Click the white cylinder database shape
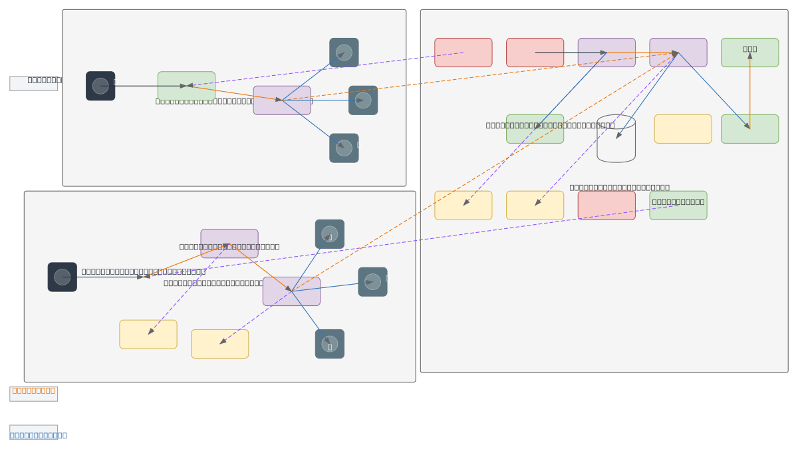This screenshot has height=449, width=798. point(616,139)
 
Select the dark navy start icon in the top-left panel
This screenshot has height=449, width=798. point(100,86)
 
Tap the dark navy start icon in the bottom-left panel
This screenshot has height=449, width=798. point(62,277)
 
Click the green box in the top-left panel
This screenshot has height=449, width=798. point(186,86)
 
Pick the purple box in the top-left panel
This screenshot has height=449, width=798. point(281,100)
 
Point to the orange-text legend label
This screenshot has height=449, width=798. point(33,390)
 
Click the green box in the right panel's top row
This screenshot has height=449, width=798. point(749,53)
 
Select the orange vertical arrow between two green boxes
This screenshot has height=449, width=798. point(749,90)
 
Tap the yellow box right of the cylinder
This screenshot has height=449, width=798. point(682,129)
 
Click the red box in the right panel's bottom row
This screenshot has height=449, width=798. point(606,206)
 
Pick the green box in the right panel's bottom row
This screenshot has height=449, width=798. point(678,206)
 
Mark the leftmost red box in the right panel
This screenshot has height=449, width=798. point(463,53)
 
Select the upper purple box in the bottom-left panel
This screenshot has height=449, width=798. point(229,243)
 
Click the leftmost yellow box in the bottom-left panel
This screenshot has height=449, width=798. point(148,334)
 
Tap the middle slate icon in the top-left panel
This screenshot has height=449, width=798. point(362,100)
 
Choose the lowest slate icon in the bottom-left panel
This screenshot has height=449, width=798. point(329,344)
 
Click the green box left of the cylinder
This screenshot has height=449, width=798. point(535,129)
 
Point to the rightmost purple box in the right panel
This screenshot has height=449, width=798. point(678,53)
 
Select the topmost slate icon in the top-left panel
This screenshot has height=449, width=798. point(344,53)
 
